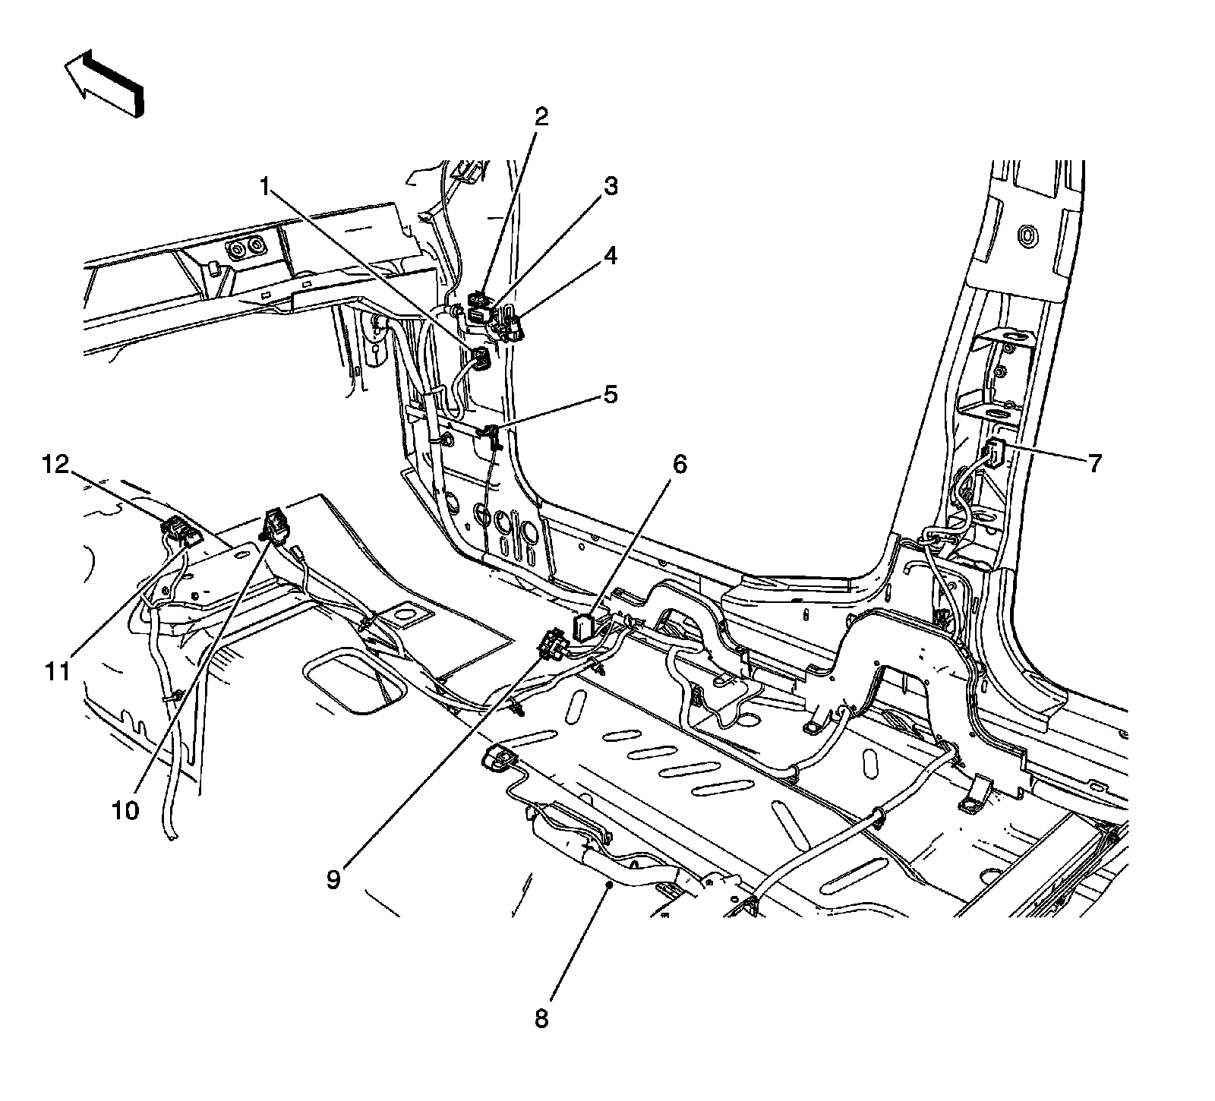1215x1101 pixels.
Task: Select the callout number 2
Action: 541,116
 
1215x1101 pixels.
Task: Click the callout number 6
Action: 678,464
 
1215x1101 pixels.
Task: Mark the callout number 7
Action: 1093,463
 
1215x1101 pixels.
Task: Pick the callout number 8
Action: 541,1019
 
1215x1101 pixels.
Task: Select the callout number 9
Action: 334,879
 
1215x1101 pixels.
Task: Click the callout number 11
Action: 58,671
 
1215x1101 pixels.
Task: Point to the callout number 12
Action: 58,463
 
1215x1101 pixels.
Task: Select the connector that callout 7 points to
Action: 995,453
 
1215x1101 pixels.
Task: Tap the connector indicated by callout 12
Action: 176,528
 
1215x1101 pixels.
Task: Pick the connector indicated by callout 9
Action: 552,645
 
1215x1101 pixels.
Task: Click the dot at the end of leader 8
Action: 608,884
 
